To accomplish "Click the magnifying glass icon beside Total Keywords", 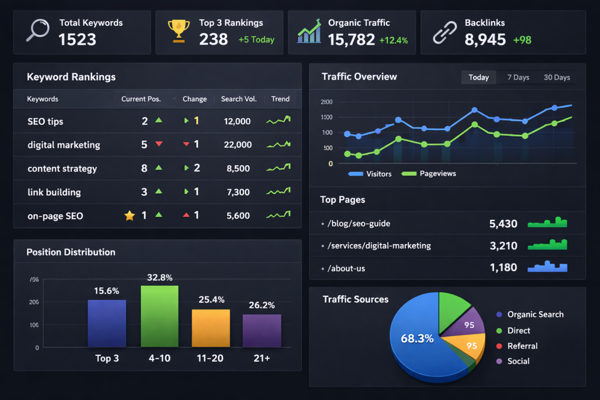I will click(37, 31).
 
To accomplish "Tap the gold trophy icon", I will click(178, 31).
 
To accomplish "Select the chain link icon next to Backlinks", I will click(445, 32).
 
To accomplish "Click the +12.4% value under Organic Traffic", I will click(393, 41).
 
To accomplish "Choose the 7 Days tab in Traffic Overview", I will click(518, 77).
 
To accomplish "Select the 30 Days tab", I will click(556, 77).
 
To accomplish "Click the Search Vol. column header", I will click(238, 99).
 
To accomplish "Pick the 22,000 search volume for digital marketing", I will click(237, 145).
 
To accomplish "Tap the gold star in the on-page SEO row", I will click(129, 215).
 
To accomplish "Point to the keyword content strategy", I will click(62, 168).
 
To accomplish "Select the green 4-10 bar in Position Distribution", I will click(159, 316).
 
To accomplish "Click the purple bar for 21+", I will click(262, 331).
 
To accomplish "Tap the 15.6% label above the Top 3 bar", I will click(106, 291).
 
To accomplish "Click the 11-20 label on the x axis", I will click(211, 358).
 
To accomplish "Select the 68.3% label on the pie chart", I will click(417, 338).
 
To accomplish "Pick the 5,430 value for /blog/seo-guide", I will click(503, 224).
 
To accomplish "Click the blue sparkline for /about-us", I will click(547, 267).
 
